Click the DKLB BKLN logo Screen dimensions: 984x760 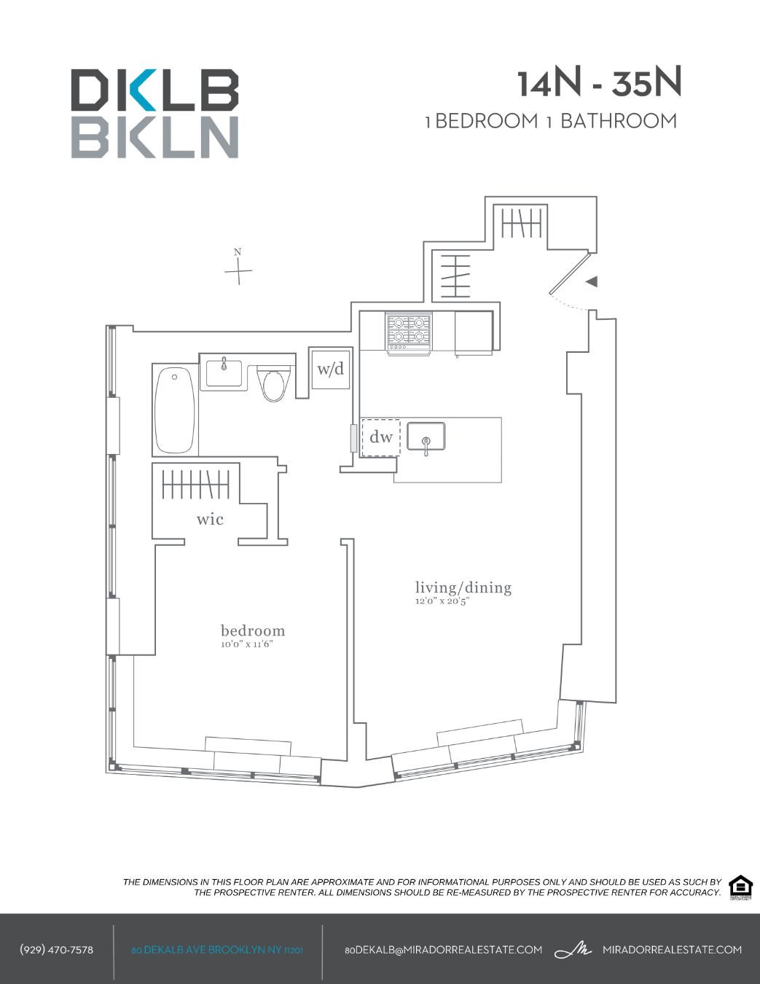click(x=154, y=114)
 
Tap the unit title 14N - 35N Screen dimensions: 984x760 click(x=599, y=83)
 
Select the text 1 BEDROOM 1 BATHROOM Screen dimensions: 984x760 click(x=551, y=121)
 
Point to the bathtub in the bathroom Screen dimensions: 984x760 click(x=175, y=411)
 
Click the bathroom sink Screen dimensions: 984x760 click(x=224, y=373)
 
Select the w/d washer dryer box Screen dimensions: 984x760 click(x=330, y=369)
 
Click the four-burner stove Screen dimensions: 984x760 click(x=409, y=334)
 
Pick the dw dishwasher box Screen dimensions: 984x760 click(x=381, y=437)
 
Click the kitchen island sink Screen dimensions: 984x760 click(x=426, y=437)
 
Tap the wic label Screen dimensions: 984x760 click(x=210, y=520)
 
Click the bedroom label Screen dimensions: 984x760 click(x=253, y=630)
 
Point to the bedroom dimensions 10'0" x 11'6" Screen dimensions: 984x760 click(x=247, y=644)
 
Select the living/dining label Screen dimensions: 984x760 click(x=463, y=587)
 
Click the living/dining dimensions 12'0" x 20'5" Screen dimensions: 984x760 click(x=442, y=601)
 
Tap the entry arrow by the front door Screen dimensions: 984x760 click(x=592, y=281)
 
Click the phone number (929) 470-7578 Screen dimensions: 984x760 click(x=57, y=950)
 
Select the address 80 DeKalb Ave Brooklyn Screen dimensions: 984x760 click(x=217, y=950)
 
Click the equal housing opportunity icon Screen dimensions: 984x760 click(x=740, y=887)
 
